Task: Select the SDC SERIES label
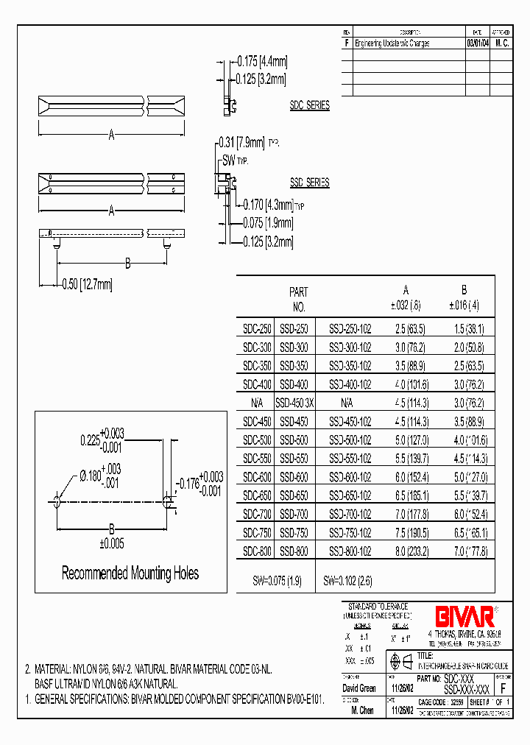click(x=309, y=106)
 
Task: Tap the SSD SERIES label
click(x=309, y=183)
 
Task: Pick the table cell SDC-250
click(x=256, y=329)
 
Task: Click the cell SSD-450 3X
click(x=294, y=403)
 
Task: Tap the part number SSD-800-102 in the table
click(x=350, y=551)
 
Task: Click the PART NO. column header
click(x=298, y=300)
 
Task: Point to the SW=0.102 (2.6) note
click(x=347, y=581)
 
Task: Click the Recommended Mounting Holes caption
click(x=130, y=573)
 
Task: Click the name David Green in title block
click(x=361, y=688)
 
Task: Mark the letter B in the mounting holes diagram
click(x=112, y=528)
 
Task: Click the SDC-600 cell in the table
click(x=256, y=477)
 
